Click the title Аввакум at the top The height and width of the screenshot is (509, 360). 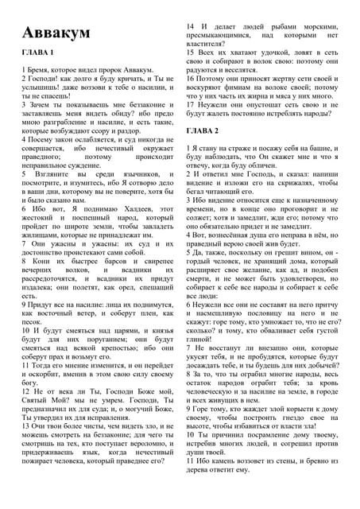[x=56, y=33]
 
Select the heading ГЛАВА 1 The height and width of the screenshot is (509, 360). [x=38, y=53]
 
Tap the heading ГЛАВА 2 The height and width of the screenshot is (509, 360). [x=203, y=130]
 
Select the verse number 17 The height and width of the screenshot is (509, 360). [x=192, y=103]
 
